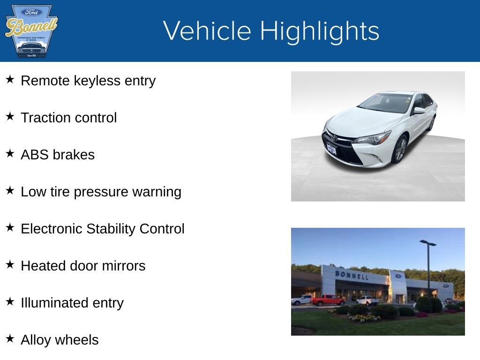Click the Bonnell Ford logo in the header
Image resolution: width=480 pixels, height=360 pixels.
click(31, 31)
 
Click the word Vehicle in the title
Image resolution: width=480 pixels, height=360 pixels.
click(207, 31)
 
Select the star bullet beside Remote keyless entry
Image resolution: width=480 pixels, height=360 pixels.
click(10, 80)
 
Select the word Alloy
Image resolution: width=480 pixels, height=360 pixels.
click(35, 340)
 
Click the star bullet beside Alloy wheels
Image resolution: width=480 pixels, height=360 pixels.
click(10, 339)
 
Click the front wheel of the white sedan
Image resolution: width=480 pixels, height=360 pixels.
click(399, 150)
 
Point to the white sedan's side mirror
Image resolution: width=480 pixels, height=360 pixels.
click(418, 111)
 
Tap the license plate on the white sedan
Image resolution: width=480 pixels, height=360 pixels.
click(332, 149)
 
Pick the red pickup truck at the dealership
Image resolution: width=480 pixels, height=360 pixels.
click(328, 300)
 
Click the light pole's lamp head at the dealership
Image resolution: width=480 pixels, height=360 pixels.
click(427, 243)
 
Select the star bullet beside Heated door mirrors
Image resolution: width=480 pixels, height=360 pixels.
click(10, 265)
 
